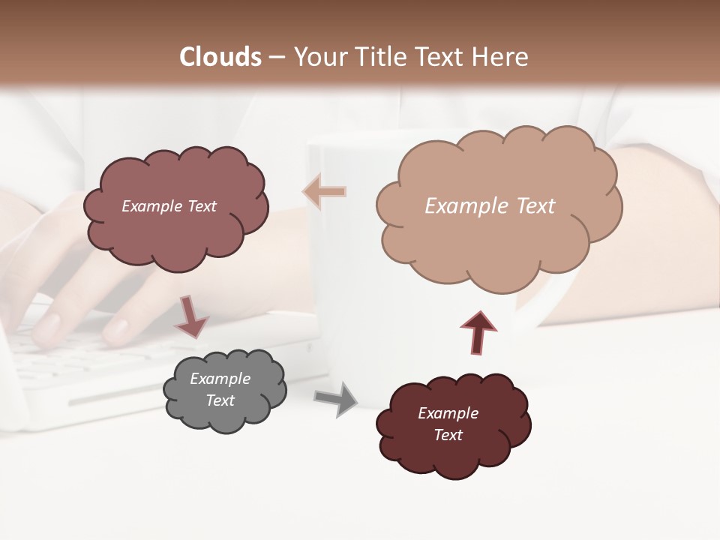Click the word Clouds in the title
(x=220, y=57)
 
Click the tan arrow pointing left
(x=324, y=192)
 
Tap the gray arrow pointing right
(x=336, y=399)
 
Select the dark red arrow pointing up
(x=478, y=332)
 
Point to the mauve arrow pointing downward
(x=190, y=316)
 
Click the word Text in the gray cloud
(x=220, y=400)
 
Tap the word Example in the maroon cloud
(x=448, y=413)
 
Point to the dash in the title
(x=276, y=57)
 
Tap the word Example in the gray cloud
(x=220, y=379)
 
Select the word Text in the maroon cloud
(x=448, y=435)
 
